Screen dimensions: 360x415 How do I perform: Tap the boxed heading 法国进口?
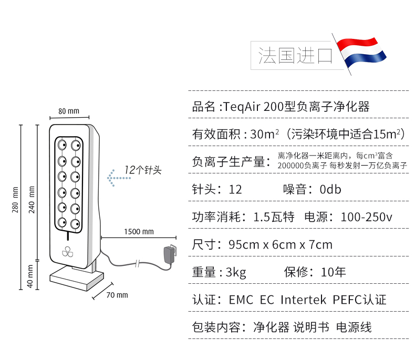point(295,56)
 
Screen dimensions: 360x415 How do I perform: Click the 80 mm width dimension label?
point(69,111)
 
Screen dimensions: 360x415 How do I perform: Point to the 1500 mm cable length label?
point(139,231)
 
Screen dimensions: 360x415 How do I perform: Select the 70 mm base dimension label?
point(117,295)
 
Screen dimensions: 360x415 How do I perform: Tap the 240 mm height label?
point(32,197)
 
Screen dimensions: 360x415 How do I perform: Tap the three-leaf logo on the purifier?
point(68,252)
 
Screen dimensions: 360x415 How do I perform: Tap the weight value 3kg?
point(236,272)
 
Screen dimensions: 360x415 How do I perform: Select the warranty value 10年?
point(334,272)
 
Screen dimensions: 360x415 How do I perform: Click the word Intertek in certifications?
point(304,300)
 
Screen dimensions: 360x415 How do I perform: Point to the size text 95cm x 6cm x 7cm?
point(281,244)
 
